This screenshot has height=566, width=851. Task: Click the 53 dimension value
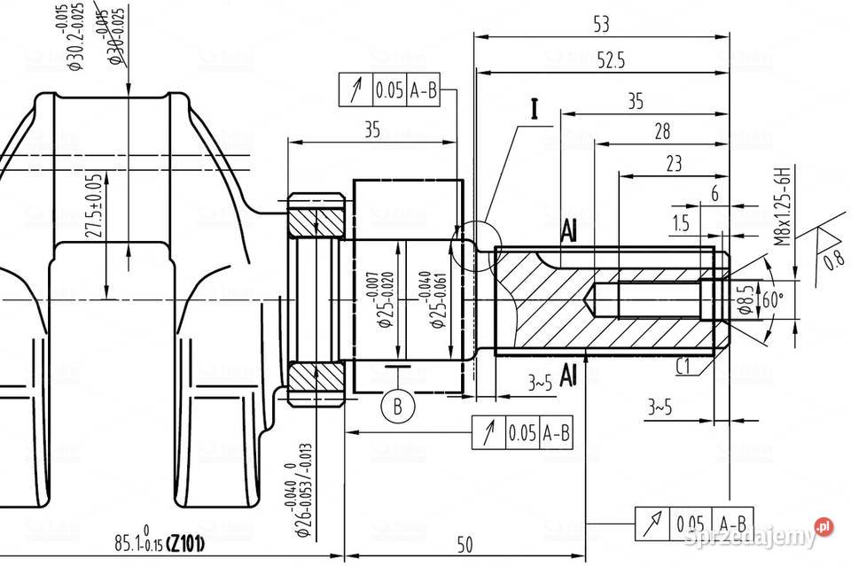pyautogui.click(x=600, y=24)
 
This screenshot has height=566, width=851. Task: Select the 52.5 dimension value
pyautogui.click(x=611, y=60)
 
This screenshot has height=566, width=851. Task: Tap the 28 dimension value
pyautogui.click(x=661, y=131)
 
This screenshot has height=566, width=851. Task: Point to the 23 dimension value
pyautogui.click(x=673, y=164)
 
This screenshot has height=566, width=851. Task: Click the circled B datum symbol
pyautogui.click(x=398, y=407)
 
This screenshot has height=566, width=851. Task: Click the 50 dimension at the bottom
pyautogui.click(x=465, y=542)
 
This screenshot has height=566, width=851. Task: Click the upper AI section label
pyautogui.click(x=569, y=231)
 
